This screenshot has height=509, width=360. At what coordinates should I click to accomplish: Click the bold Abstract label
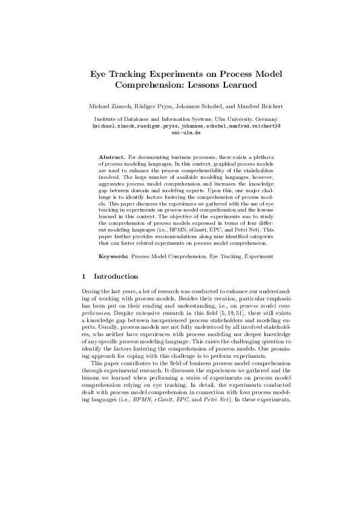[x=111, y=156]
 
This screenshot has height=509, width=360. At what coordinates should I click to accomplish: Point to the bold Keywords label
[x=113, y=256]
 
